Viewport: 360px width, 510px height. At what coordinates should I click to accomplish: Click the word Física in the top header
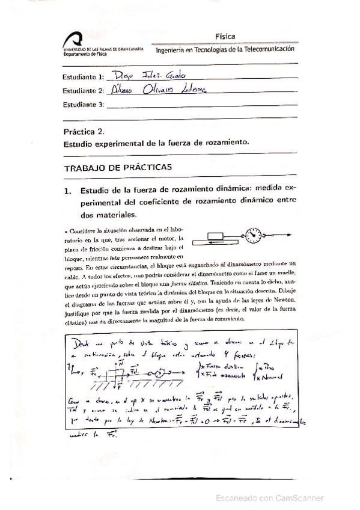224,36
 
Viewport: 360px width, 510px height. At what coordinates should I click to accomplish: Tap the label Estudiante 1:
84,78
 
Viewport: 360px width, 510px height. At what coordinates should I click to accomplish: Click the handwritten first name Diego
123,76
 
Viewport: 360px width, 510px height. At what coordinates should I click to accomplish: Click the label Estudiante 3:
84,104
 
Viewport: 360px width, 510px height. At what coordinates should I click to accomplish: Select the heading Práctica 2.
84,131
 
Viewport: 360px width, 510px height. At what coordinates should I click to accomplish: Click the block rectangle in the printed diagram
218,235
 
